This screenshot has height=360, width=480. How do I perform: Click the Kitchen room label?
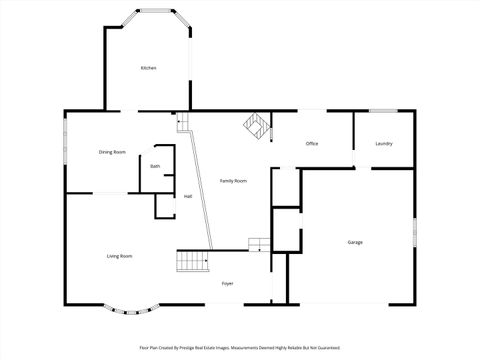148,68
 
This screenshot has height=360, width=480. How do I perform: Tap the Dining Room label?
112,152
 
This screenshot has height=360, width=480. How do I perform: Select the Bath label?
155,166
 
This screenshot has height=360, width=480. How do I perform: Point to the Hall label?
188,196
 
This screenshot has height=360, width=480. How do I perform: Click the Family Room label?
233,180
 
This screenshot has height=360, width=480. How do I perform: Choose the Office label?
312,144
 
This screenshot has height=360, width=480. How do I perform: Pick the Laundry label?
383,144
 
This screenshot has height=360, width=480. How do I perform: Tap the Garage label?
355,243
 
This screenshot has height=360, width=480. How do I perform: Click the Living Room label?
120,257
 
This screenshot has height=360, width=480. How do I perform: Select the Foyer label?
228,283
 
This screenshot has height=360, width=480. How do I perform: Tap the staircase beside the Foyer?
193,261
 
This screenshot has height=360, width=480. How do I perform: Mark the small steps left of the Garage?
259,244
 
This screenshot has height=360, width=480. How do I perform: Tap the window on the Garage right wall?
415,236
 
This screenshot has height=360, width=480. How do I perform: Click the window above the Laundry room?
383,110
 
